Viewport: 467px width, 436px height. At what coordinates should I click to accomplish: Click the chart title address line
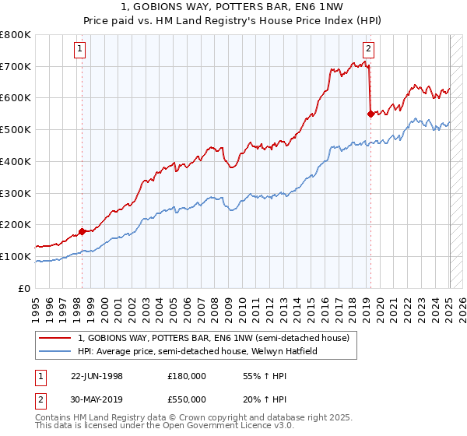[x=233, y=7]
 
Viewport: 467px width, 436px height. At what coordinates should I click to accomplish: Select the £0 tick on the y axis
[x=24, y=288]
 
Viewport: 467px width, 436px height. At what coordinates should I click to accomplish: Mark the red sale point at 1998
[x=82, y=231]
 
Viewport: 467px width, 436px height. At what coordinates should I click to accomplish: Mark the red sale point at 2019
[x=370, y=114]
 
